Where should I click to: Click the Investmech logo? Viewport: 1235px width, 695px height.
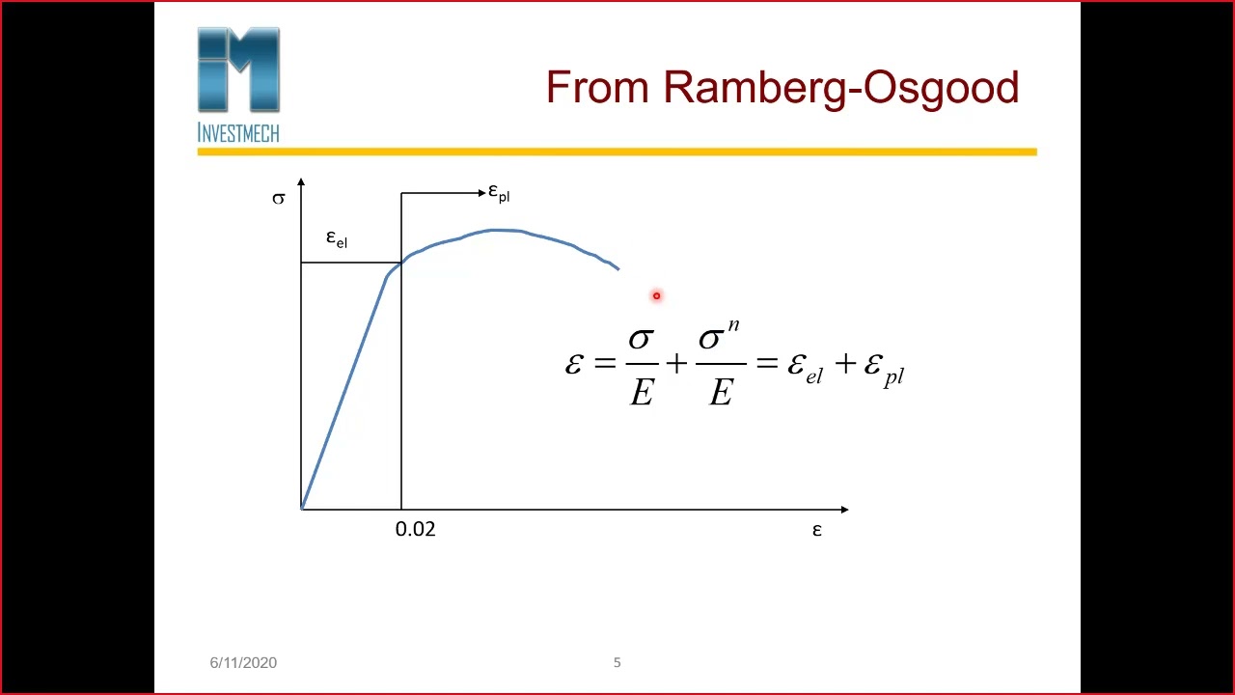[238, 85]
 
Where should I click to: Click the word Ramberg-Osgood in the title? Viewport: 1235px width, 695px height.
[840, 88]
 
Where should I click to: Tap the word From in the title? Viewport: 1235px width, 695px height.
[597, 88]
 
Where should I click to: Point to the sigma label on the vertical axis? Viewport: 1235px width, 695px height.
[279, 199]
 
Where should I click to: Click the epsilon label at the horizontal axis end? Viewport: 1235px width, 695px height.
[817, 530]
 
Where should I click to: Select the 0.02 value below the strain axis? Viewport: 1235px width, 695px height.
[415, 529]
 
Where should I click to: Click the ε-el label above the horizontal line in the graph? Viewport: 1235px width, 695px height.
[336, 238]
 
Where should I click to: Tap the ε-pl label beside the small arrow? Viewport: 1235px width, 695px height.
[499, 193]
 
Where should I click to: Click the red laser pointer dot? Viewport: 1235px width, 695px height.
[656, 296]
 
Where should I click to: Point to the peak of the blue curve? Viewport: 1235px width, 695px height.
[495, 230]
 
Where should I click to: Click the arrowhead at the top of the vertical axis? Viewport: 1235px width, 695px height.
[301, 182]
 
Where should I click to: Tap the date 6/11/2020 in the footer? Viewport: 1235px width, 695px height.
[243, 662]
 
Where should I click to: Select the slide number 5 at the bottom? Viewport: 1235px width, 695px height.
[617, 662]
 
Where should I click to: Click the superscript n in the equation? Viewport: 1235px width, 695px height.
[733, 326]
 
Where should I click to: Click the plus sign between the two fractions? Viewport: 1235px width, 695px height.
[676, 363]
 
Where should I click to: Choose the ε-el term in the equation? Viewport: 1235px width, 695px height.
[805, 367]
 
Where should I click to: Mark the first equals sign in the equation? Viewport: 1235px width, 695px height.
[605, 363]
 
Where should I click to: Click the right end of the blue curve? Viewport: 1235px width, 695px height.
[617, 269]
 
